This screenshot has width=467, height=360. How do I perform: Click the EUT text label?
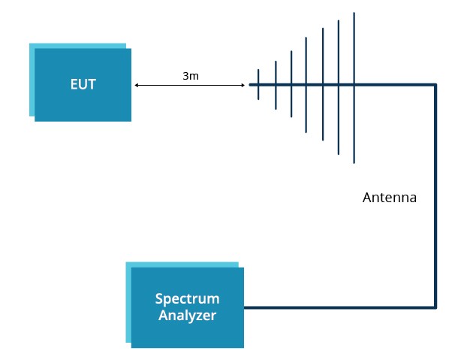pos(83,84)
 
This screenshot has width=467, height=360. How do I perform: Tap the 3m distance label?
pos(191,77)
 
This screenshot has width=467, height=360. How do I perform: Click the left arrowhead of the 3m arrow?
pos(137,86)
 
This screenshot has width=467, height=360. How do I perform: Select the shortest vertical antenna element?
pos(259,85)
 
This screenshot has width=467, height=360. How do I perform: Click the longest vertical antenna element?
pos(354,87)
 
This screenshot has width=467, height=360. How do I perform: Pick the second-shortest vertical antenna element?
pos(276,85)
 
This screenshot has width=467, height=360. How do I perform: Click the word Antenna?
pos(389,198)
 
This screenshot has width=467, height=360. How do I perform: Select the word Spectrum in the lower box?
pos(187,299)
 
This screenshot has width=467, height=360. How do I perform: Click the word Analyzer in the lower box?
pos(187,316)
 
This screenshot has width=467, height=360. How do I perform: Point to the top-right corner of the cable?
pos(435,85)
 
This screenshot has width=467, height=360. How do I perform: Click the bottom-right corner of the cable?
pos(435,307)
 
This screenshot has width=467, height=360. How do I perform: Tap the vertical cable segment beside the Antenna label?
pos(435,198)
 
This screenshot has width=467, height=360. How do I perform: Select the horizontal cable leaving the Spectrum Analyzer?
pos(338,307)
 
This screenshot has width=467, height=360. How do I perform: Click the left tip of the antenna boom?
pos(251,85)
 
